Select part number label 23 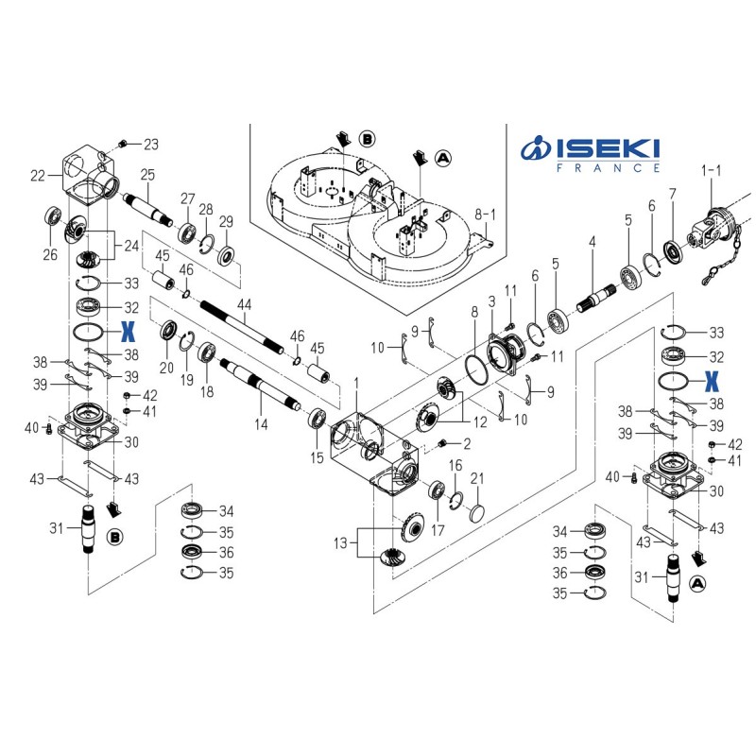151,145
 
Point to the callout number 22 39,175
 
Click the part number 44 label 245,304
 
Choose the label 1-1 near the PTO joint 710,170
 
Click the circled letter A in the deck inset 443,158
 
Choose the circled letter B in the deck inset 367,139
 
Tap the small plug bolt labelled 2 442,444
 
